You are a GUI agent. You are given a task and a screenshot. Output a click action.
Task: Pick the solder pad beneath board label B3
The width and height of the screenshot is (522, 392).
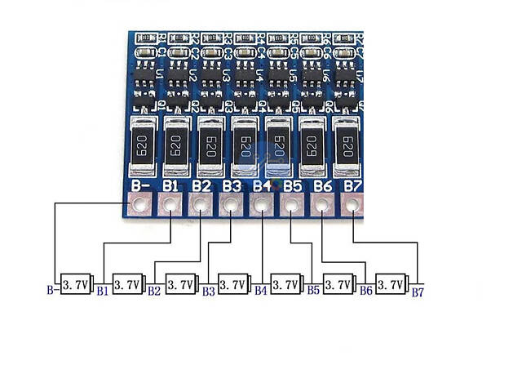231,207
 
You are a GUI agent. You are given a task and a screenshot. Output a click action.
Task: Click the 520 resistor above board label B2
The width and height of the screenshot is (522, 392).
209,146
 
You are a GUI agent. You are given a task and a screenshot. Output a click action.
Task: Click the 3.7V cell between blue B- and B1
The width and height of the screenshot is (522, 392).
75,284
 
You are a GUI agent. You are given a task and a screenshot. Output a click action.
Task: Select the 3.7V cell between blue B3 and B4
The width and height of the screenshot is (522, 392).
232,284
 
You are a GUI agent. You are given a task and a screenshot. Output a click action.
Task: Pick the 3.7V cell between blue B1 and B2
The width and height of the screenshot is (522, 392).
127,284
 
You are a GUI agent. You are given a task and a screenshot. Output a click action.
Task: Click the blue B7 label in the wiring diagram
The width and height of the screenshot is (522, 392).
418,291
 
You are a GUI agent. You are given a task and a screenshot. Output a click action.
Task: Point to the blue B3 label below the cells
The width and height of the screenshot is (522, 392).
208,291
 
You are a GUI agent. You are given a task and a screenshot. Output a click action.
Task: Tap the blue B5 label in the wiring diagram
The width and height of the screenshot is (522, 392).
313,291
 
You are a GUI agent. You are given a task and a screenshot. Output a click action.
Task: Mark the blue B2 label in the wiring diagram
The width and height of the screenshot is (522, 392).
154,291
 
